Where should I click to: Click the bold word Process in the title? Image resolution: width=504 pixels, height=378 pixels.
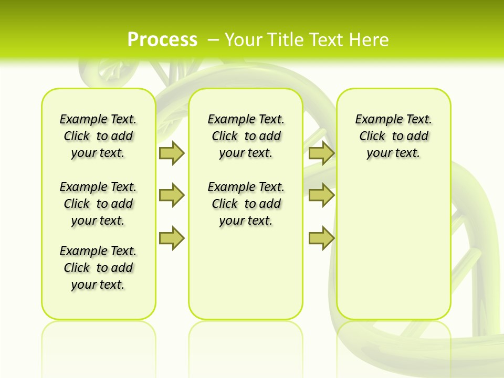[x=162, y=39]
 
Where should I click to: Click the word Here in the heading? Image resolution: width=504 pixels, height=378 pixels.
[x=370, y=39]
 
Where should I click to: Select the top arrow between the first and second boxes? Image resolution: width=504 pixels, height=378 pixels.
[x=172, y=153]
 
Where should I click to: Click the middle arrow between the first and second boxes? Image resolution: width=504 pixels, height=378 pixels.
[x=172, y=195]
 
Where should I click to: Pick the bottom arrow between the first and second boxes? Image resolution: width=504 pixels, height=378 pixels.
[x=172, y=238]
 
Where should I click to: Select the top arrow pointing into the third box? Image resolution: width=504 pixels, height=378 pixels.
[x=321, y=153]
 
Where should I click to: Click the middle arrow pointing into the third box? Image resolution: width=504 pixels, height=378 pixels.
[x=321, y=195]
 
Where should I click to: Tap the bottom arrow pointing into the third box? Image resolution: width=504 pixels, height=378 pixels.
[x=321, y=238]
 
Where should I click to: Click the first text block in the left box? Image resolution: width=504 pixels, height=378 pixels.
[x=98, y=136]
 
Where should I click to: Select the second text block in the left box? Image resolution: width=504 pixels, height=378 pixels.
[x=98, y=204]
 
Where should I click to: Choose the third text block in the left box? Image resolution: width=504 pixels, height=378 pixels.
[x=98, y=268]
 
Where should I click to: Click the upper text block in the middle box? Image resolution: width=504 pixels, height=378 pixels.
[x=246, y=136]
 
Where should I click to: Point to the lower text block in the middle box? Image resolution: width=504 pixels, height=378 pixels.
[x=246, y=204]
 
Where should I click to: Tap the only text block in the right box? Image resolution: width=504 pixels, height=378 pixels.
[x=393, y=136]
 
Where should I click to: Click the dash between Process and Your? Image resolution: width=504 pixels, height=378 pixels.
[x=213, y=39]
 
